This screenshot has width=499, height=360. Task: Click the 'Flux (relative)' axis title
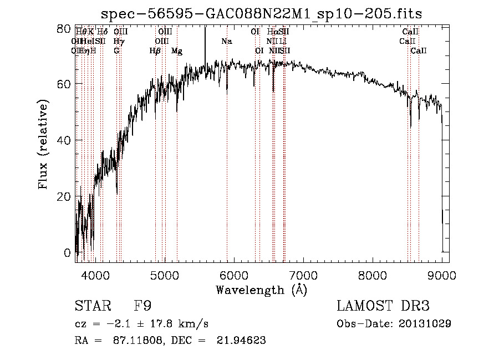click(x=44, y=144)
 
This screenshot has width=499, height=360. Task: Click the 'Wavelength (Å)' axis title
click(x=261, y=290)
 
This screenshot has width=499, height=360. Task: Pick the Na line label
click(x=226, y=41)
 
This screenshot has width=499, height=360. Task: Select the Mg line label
click(x=177, y=51)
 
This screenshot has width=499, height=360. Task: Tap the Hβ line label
click(x=155, y=51)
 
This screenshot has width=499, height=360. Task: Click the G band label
click(x=116, y=51)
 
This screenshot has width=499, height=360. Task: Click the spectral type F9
click(x=143, y=306)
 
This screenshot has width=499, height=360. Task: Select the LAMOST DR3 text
click(x=383, y=306)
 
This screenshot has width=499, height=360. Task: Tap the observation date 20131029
click(x=425, y=323)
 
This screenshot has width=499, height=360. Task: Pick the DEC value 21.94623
click(x=241, y=341)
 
